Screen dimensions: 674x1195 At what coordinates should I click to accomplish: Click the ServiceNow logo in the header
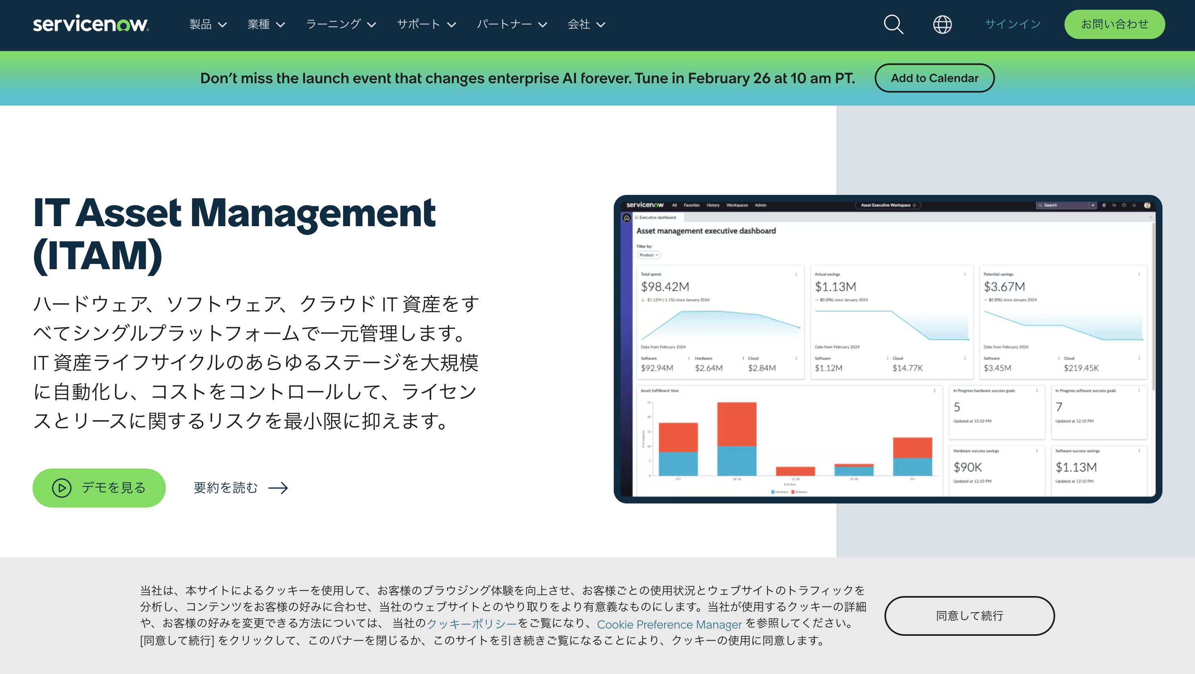point(91,24)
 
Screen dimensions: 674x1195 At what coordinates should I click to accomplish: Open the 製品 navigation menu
point(208,24)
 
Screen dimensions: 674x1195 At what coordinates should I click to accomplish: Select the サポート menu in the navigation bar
point(426,24)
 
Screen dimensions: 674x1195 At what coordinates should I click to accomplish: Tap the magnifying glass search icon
point(893,24)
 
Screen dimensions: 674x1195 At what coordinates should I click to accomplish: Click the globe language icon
point(942,24)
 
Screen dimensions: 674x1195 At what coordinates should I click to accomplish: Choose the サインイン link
point(1012,24)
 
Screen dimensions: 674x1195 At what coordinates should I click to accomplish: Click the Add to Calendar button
point(934,78)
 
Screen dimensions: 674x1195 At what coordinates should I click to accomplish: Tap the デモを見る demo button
point(99,488)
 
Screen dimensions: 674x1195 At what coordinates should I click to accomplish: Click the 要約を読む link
point(240,488)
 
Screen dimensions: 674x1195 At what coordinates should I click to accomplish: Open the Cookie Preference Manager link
point(669,624)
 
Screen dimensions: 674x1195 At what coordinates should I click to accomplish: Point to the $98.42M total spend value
point(665,287)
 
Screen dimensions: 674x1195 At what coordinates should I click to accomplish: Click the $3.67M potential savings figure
point(1004,287)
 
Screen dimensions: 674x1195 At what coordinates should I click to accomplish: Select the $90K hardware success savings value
point(968,467)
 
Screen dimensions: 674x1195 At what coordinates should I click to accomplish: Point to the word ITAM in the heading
point(98,255)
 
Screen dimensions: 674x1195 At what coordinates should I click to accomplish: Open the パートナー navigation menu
point(512,24)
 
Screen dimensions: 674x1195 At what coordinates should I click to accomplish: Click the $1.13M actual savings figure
point(835,287)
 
